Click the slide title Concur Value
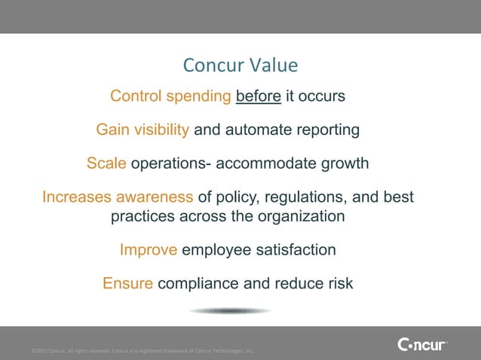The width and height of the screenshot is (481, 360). (x=240, y=66)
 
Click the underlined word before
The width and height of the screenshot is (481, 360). (x=259, y=97)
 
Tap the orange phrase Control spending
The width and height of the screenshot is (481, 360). (x=170, y=97)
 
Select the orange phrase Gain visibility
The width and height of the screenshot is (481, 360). (x=142, y=130)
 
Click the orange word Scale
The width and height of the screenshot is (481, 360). (x=107, y=163)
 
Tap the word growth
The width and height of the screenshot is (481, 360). (x=346, y=163)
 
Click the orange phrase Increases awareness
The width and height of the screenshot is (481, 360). (x=118, y=198)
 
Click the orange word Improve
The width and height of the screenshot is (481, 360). (x=149, y=250)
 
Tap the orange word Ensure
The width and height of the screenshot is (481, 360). (x=128, y=284)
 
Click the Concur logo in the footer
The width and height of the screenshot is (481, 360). (x=421, y=345)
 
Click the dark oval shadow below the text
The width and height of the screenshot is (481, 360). (x=230, y=310)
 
